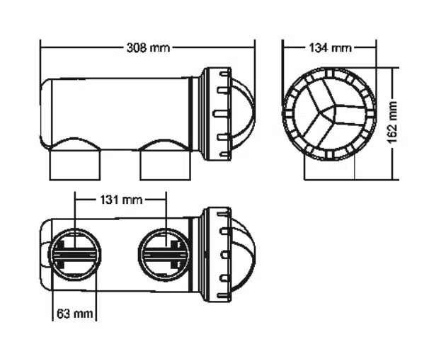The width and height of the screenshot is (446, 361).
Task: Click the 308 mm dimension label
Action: [x=148, y=48]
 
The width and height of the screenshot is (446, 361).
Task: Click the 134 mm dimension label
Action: [x=330, y=47]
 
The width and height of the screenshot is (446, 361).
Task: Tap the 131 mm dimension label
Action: [x=121, y=200]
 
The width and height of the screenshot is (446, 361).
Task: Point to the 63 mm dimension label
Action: [x=75, y=314]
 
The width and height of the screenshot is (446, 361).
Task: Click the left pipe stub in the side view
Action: [x=75, y=164]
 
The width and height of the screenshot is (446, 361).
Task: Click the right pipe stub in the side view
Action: [x=165, y=164]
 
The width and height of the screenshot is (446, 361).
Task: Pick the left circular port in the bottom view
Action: [x=75, y=254]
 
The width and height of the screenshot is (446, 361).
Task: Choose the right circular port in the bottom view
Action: [x=164, y=254]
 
